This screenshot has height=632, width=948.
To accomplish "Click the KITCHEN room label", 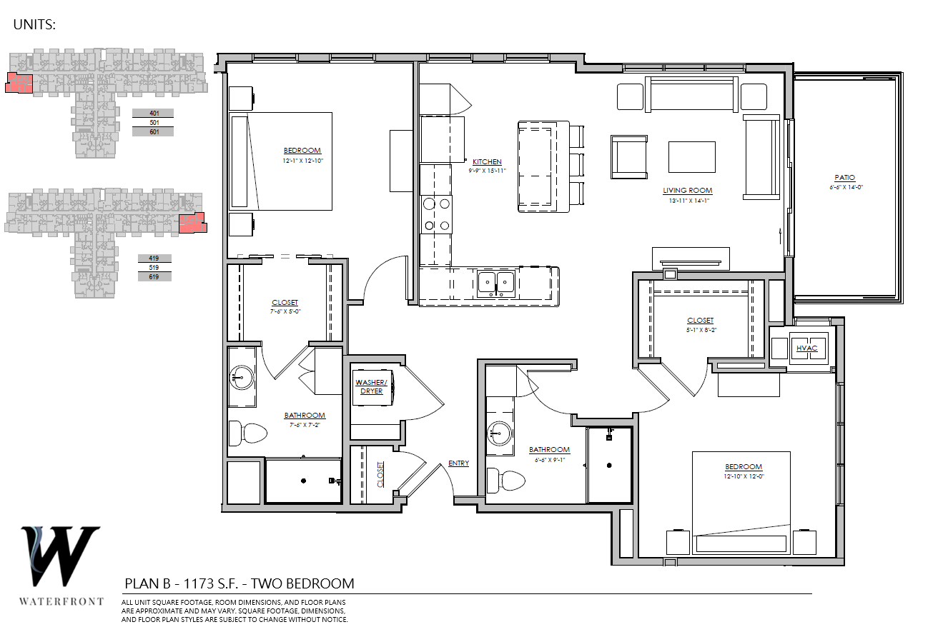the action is pyautogui.click(x=487, y=161).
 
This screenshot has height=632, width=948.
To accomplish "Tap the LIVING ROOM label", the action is pyautogui.click(x=687, y=190).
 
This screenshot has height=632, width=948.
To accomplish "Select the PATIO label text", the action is pyautogui.click(x=845, y=178).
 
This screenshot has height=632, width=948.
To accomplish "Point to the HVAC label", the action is pyautogui.click(x=806, y=348).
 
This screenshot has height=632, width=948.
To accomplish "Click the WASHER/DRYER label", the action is pyautogui.click(x=371, y=386).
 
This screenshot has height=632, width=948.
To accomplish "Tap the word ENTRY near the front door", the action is pyautogui.click(x=458, y=463).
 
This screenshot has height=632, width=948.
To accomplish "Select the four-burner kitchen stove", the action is pyautogui.click(x=436, y=214).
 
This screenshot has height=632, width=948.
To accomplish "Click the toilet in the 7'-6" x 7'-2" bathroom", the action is pyautogui.click(x=247, y=433).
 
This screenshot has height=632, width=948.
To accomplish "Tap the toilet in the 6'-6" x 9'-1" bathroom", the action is pyautogui.click(x=505, y=480).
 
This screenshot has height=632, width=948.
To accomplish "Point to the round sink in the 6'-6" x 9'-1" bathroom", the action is pyautogui.click(x=500, y=433).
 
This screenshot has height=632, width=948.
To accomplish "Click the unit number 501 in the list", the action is pyautogui.click(x=154, y=123).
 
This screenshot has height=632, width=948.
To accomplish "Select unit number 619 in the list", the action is pyautogui.click(x=154, y=277).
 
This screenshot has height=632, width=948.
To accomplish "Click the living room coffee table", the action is pyautogui.click(x=692, y=157).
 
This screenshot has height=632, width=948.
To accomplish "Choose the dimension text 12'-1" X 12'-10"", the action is pyautogui.click(x=303, y=161).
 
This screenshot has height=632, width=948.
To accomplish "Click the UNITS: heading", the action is pyautogui.click(x=34, y=24).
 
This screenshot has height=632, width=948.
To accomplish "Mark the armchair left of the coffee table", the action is pyautogui.click(x=629, y=157).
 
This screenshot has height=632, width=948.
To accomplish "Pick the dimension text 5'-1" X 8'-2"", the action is pyautogui.click(x=701, y=330).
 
